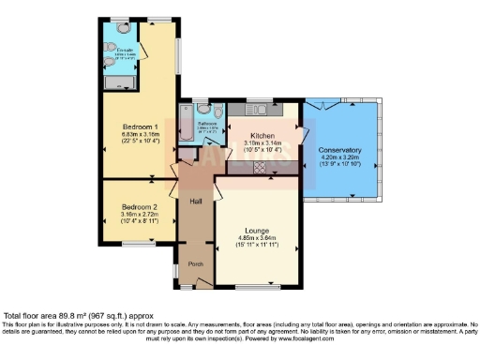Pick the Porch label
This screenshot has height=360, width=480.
(x=197, y=263)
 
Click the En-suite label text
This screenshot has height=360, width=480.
(x=125, y=50)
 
